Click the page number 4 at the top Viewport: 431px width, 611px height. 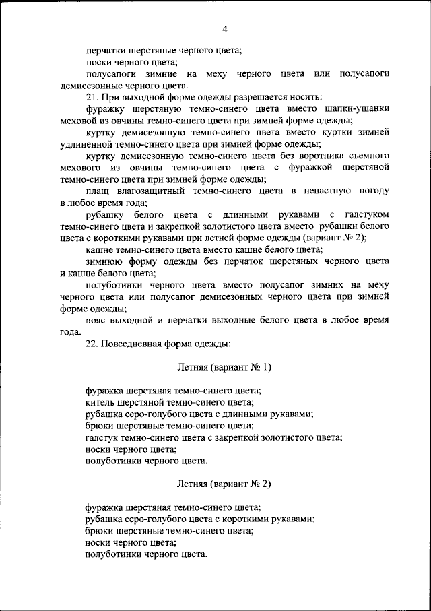tap(225, 28)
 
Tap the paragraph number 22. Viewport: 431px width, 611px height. tap(93, 344)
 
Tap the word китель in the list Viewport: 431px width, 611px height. tap(99, 402)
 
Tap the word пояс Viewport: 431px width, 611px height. tap(98, 321)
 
